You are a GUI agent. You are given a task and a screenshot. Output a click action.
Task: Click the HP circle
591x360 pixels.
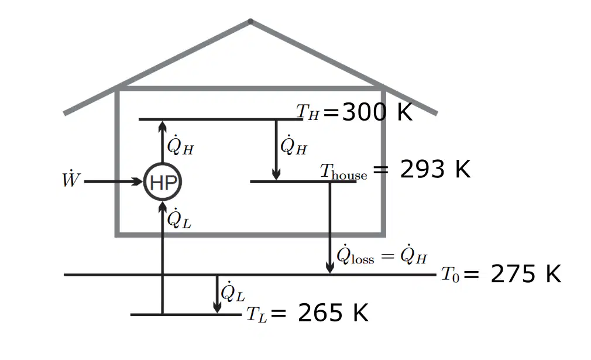click(163, 181)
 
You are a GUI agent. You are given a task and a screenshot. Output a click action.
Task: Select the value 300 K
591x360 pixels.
click(377, 112)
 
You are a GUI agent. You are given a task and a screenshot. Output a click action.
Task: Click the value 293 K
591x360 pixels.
click(435, 169)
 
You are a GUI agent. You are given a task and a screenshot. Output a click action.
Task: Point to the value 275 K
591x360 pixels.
click(526, 274)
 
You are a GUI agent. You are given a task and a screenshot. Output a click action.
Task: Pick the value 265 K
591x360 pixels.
click(333, 313)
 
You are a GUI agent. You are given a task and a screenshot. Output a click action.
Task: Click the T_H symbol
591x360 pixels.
click(308, 112)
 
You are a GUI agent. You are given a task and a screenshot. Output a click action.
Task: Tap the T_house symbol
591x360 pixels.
click(343, 172)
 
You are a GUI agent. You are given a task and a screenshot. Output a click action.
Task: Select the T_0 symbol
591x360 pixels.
click(450, 275)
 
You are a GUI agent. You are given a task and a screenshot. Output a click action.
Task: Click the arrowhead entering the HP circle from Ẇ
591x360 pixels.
click(138, 181)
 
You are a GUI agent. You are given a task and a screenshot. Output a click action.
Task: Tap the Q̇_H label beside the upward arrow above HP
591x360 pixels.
click(180, 145)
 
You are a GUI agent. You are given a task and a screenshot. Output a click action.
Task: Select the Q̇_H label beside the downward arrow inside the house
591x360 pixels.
click(294, 145)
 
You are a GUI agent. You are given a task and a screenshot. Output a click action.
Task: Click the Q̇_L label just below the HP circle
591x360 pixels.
click(179, 218)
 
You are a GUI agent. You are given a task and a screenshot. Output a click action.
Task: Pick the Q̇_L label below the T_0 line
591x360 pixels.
click(232, 292)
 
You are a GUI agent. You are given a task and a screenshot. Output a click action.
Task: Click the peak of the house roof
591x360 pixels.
click(250, 21)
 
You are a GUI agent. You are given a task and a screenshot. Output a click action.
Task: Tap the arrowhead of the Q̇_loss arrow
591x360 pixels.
click(330, 268)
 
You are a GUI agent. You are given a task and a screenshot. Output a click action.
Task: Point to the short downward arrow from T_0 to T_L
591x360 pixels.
click(217, 294)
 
